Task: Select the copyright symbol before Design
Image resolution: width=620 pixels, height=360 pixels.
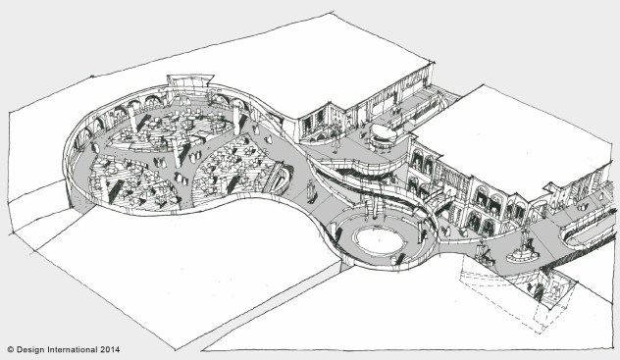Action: [x=11, y=348]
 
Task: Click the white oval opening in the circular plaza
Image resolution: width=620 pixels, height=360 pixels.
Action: [x=377, y=237]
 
